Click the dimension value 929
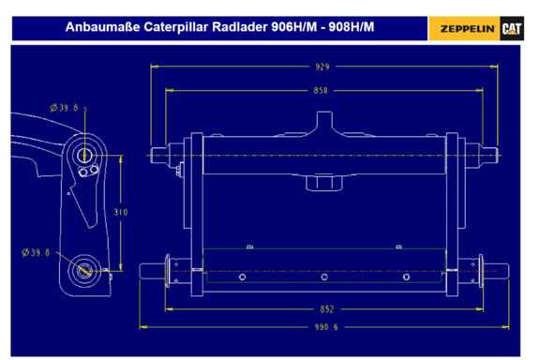pos(322,67)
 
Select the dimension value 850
pos(321,91)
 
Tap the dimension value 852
pos(327,309)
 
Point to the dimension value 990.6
pos(326,327)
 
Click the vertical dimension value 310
pos(121,212)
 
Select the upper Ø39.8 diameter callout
pos(64,108)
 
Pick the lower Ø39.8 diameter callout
pos(36,252)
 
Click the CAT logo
pos(512,28)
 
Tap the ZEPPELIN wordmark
pos(467,29)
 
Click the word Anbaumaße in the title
pos(102,27)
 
